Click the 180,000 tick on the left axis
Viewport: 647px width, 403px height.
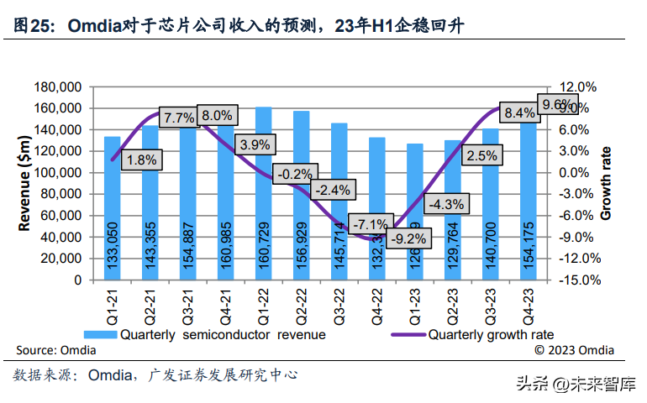click(x=56, y=87)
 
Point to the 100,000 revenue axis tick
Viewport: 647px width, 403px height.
click(x=56, y=173)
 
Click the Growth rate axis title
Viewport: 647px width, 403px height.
click(x=607, y=183)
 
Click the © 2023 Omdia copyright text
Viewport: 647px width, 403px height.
click(x=575, y=350)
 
